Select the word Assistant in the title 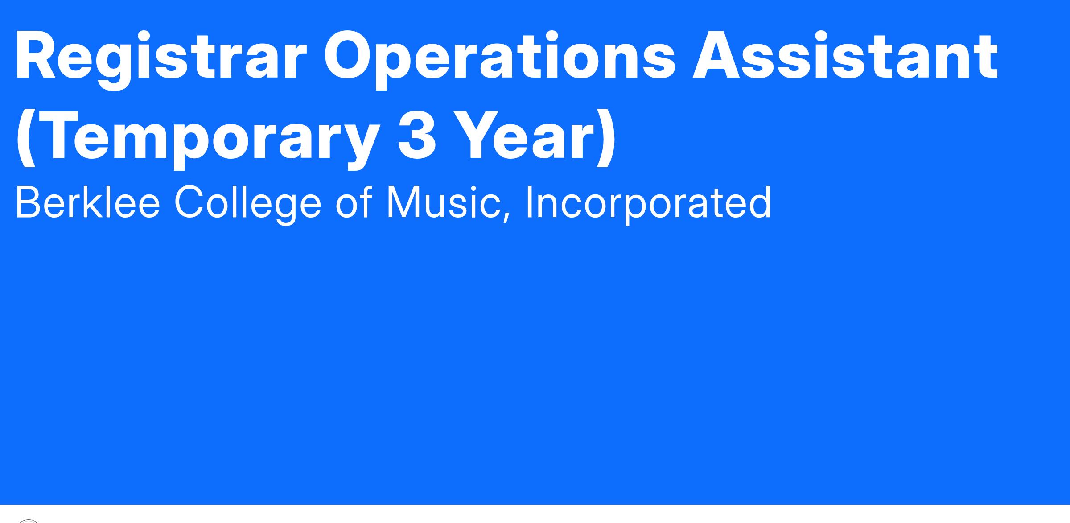click(x=845, y=56)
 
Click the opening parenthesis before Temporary click(x=26, y=139)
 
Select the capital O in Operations click(x=350, y=56)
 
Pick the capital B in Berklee click(x=29, y=202)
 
